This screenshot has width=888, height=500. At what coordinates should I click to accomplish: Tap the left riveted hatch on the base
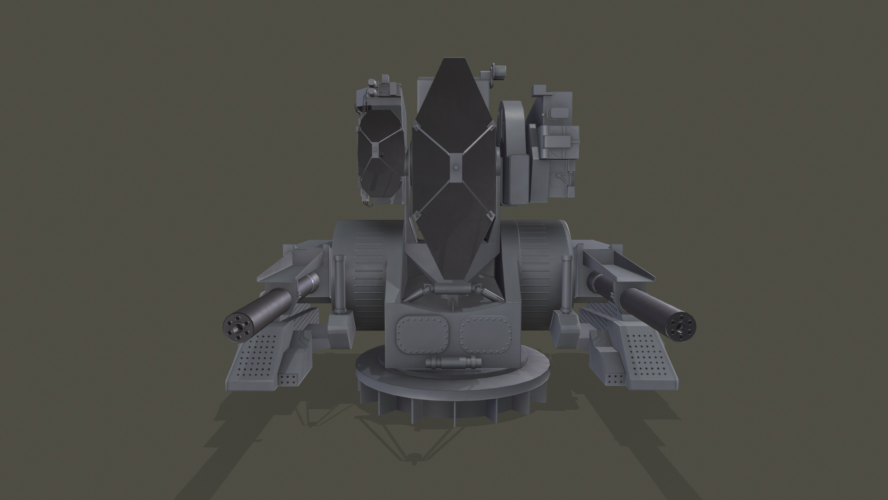coord(423,333)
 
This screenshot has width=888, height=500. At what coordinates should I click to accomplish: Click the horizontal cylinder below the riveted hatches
coord(453,362)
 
